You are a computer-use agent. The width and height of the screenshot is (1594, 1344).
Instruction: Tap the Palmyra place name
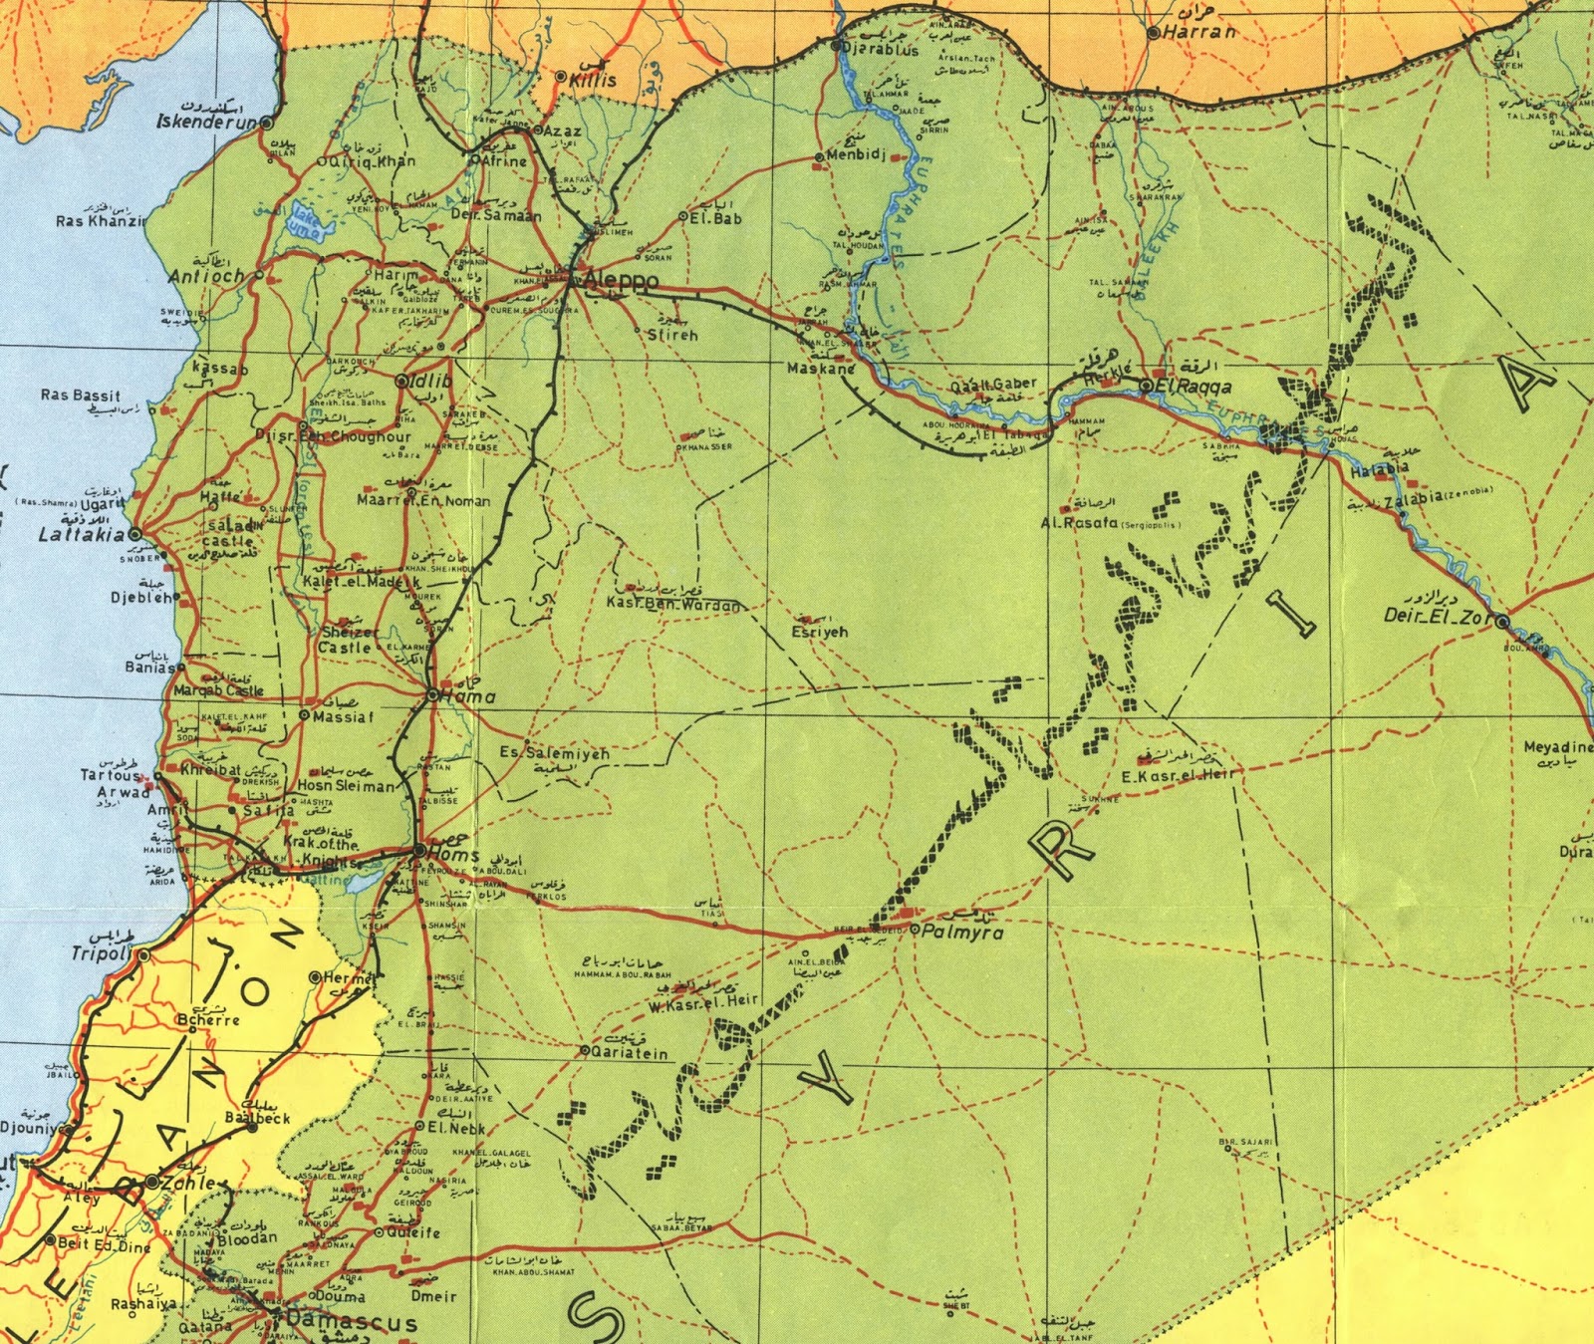point(961,933)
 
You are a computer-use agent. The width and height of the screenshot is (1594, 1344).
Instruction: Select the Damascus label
point(351,1323)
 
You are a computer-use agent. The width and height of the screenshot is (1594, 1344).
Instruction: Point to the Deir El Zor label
point(1438,616)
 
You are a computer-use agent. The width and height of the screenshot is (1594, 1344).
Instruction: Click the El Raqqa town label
point(1193,386)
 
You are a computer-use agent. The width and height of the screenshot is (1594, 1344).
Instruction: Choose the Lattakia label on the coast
point(81,535)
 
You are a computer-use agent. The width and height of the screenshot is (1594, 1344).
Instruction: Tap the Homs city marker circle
point(417,850)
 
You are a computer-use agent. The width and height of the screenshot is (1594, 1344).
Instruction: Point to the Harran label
point(1198,32)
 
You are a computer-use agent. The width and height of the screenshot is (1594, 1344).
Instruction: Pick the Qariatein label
point(630,1052)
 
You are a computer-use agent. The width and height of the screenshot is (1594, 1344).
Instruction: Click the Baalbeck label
point(257,1118)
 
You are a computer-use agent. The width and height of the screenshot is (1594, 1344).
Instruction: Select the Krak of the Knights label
point(320,851)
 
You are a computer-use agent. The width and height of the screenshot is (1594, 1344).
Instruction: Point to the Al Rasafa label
point(1079,522)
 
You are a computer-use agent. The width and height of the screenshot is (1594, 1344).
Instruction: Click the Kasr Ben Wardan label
point(673,604)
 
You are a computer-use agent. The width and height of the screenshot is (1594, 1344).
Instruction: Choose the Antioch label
point(206,276)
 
